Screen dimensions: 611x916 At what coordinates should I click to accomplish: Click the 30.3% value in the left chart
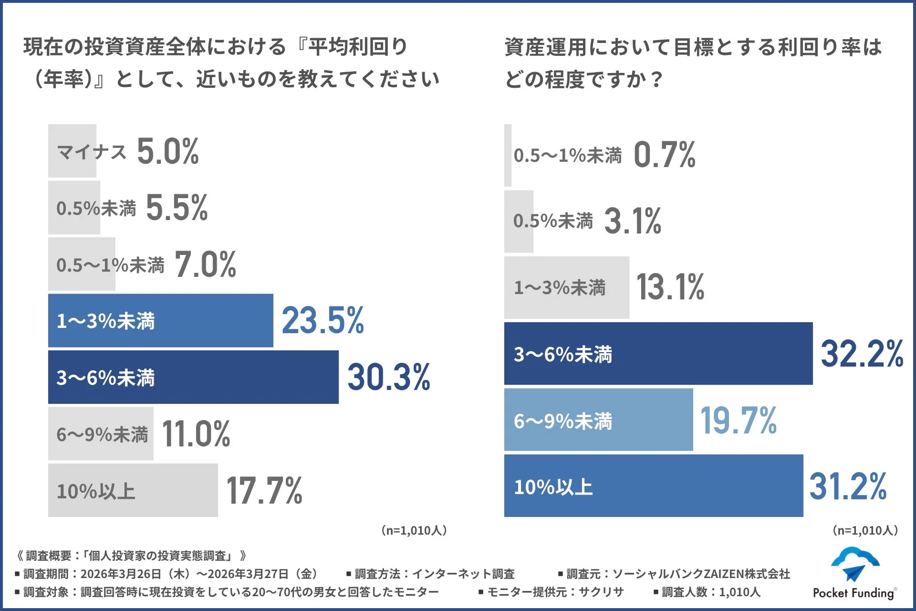coord(388,377)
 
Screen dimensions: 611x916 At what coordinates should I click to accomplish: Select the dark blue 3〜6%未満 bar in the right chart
coord(658,354)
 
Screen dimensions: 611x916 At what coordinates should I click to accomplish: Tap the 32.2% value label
coord(862,354)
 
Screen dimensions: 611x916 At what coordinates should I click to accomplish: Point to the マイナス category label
coord(92,152)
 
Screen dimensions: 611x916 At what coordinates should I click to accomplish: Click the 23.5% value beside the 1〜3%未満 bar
coord(323,320)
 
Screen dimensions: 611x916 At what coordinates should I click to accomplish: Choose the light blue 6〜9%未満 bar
coord(598,420)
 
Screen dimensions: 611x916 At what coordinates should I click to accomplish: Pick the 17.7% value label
coord(264,491)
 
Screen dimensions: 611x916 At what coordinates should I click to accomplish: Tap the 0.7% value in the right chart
coord(665,155)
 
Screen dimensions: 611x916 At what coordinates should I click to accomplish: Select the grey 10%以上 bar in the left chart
coord(133,491)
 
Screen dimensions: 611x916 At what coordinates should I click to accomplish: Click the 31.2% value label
coord(848,486)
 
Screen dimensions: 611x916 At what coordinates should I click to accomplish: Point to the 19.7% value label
coord(738,421)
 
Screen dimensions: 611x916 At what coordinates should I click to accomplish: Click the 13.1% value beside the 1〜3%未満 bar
coord(670,287)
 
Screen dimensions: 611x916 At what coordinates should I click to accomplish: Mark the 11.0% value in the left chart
coord(196,434)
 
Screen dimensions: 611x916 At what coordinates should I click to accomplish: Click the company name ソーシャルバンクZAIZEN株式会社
coord(701,574)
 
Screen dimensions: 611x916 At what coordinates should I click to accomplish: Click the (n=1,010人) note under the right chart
coord(865,530)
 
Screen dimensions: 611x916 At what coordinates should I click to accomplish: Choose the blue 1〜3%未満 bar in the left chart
coord(160,321)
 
